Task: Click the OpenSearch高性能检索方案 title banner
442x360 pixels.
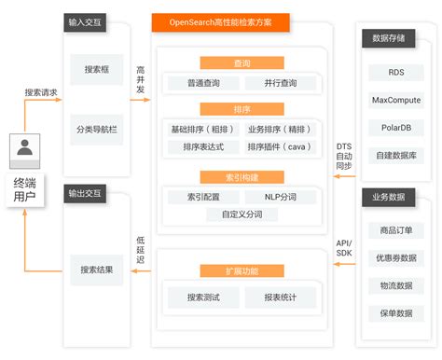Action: [222, 21]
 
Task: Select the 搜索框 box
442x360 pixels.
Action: [97, 69]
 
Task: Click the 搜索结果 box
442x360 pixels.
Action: [97, 270]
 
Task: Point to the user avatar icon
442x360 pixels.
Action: [25, 147]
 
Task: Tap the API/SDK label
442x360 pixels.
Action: [344, 248]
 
